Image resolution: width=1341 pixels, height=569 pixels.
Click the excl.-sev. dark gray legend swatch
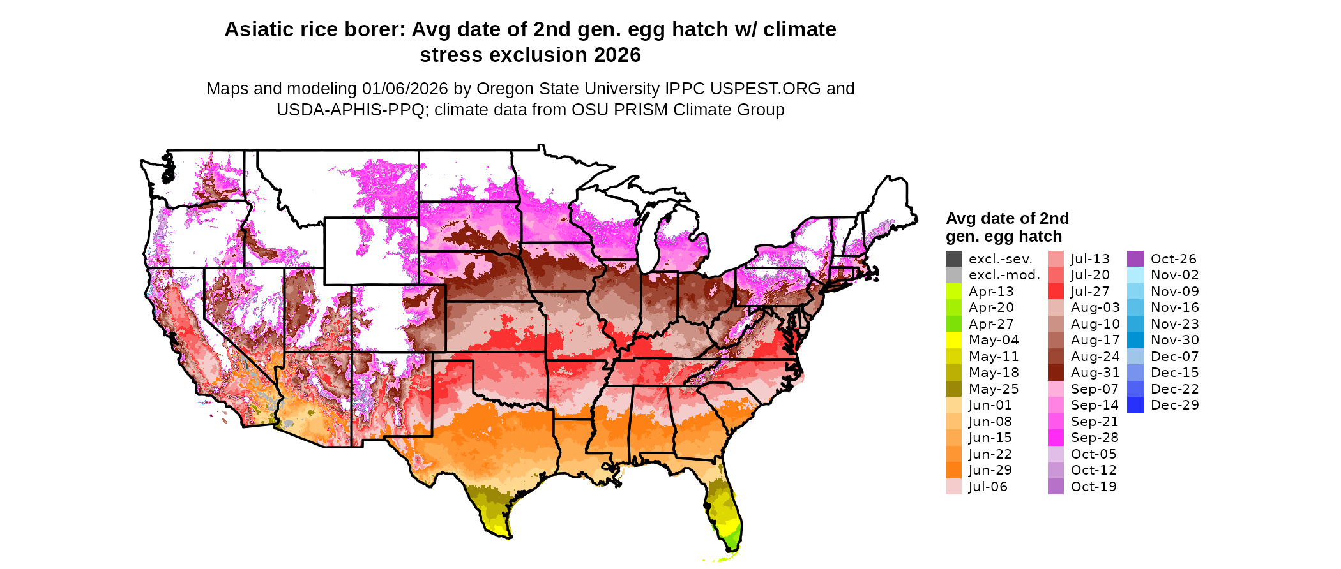tap(953, 259)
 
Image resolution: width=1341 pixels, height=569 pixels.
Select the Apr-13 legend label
tap(991, 292)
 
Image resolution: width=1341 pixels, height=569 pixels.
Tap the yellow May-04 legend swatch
tap(953, 340)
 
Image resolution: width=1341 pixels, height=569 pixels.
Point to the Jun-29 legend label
tap(990, 470)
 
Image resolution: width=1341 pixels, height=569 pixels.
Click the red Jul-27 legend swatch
tap(1056, 292)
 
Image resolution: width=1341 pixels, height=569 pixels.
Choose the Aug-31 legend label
tap(1095, 373)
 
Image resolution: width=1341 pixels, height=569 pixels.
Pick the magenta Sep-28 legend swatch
tap(1056, 438)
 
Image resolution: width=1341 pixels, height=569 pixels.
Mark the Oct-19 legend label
tap(1094, 487)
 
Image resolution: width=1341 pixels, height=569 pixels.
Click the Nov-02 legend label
tap(1175, 275)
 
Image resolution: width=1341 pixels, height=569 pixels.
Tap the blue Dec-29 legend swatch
tap(1135, 405)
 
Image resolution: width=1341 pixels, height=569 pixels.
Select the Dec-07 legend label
tap(1175, 357)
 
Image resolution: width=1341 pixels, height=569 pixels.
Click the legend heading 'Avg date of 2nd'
tap(1007, 219)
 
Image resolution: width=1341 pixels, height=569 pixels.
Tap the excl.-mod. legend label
tap(1004, 275)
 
